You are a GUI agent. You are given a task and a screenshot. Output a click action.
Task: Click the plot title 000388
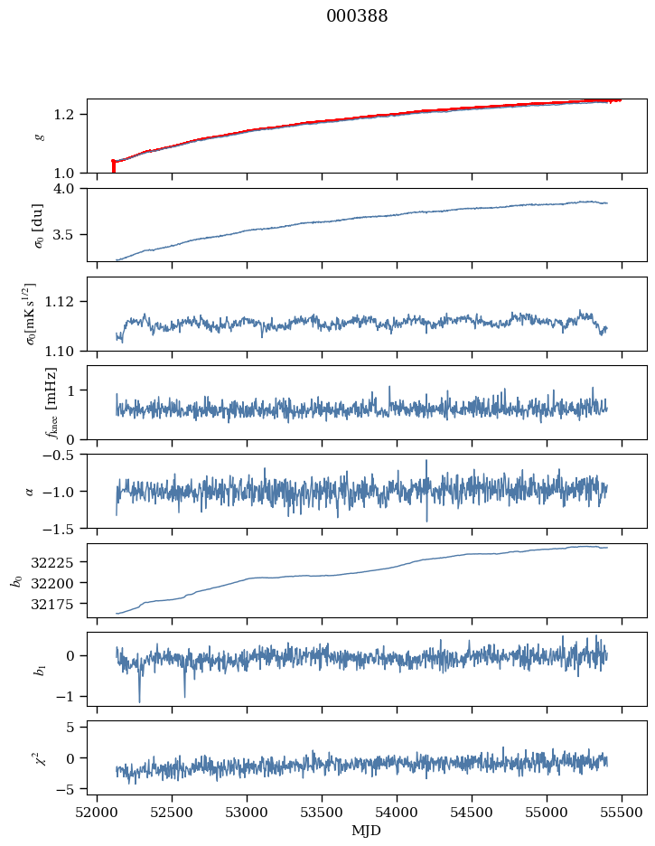pos(357,16)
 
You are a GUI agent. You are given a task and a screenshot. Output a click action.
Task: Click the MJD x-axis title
pos(367,830)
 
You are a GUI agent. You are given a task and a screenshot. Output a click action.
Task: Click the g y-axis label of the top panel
pos(38,136)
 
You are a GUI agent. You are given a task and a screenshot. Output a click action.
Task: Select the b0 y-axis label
pos(15,580)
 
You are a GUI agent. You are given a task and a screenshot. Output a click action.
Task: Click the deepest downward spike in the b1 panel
pos(139,700)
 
